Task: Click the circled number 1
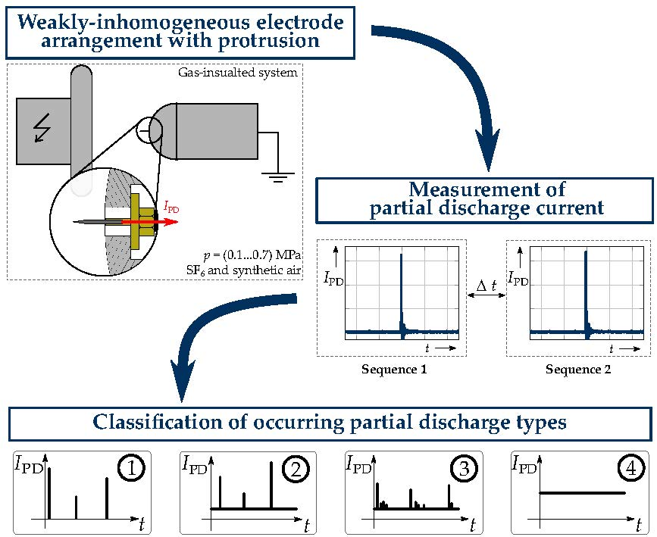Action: pyautogui.click(x=133, y=470)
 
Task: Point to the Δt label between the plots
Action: pyautogui.click(x=486, y=286)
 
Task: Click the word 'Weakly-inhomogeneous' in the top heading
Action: pyautogui.click(x=123, y=22)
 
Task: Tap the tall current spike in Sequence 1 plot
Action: pyautogui.click(x=401, y=288)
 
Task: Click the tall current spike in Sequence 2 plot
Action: pyautogui.click(x=586, y=288)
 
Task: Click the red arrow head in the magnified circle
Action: pyautogui.click(x=174, y=223)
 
